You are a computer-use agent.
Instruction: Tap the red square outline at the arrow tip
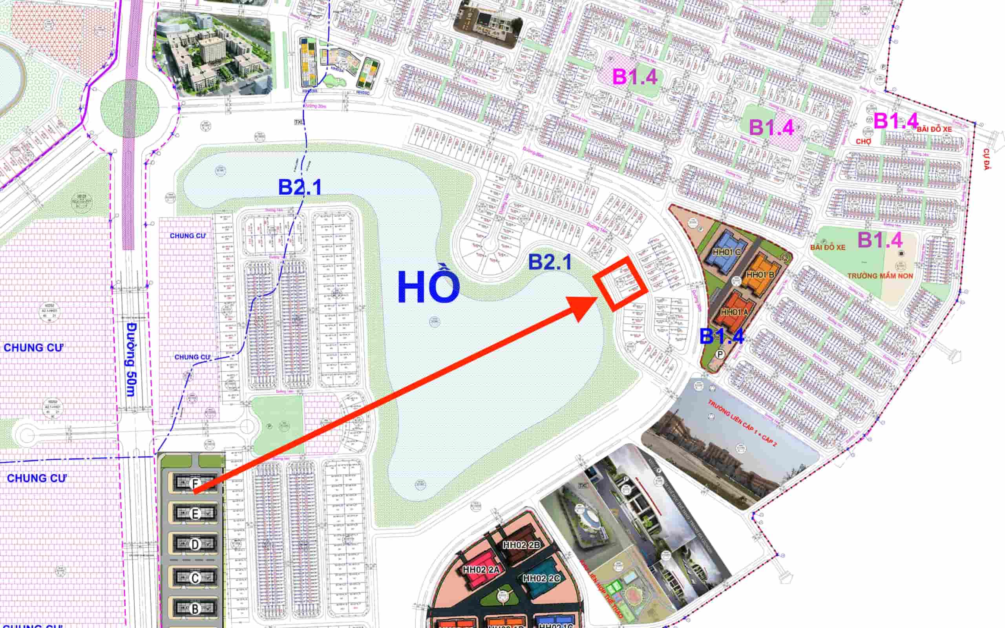tap(620, 283)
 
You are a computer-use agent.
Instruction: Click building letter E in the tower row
tap(195, 514)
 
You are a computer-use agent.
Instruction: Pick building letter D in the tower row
tap(195, 544)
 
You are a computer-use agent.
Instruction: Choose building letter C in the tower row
tap(195, 578)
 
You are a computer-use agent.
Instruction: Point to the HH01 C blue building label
tap(726, 252)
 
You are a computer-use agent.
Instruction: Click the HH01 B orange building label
tap(760, 274)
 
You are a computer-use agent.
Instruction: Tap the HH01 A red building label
tap(734, 312)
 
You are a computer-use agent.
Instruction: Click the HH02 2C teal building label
tap(541, 578)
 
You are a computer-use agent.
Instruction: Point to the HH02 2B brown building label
tap(522, 545)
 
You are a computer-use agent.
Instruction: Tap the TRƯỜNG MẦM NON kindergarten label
tap(880, 276)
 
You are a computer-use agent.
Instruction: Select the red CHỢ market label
tap(863, 142)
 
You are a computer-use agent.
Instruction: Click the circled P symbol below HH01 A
tap(720, 354)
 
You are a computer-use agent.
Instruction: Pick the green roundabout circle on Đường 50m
tap(130, 108)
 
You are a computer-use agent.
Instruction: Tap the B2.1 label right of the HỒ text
tap(550, 262)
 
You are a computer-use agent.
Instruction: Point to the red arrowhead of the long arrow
tap(584, 307)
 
